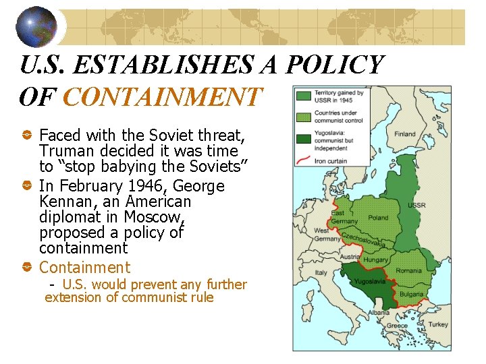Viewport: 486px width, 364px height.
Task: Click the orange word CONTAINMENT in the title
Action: tap(161, 97)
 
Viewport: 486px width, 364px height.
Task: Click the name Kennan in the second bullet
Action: tap(65, 202)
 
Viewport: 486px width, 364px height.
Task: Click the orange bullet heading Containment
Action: tap(84, 268)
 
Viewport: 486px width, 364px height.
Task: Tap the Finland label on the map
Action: tap(405, 133)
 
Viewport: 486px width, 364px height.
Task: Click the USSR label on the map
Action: tap(416, 204)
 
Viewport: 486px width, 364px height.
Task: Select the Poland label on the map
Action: tap(378, 218)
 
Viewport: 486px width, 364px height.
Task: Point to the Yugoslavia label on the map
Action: tap(371, 281)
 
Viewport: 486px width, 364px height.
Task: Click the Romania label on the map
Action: tap(409, 270)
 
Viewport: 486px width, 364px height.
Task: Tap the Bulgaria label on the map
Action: tap(411, 294)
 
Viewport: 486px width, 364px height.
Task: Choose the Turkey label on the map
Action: tap(437, 324)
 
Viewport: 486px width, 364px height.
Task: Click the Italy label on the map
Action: tap(321, 273)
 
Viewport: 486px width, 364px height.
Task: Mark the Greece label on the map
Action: tap(397, 326)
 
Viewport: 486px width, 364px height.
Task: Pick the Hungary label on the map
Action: tap(375, 260)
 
